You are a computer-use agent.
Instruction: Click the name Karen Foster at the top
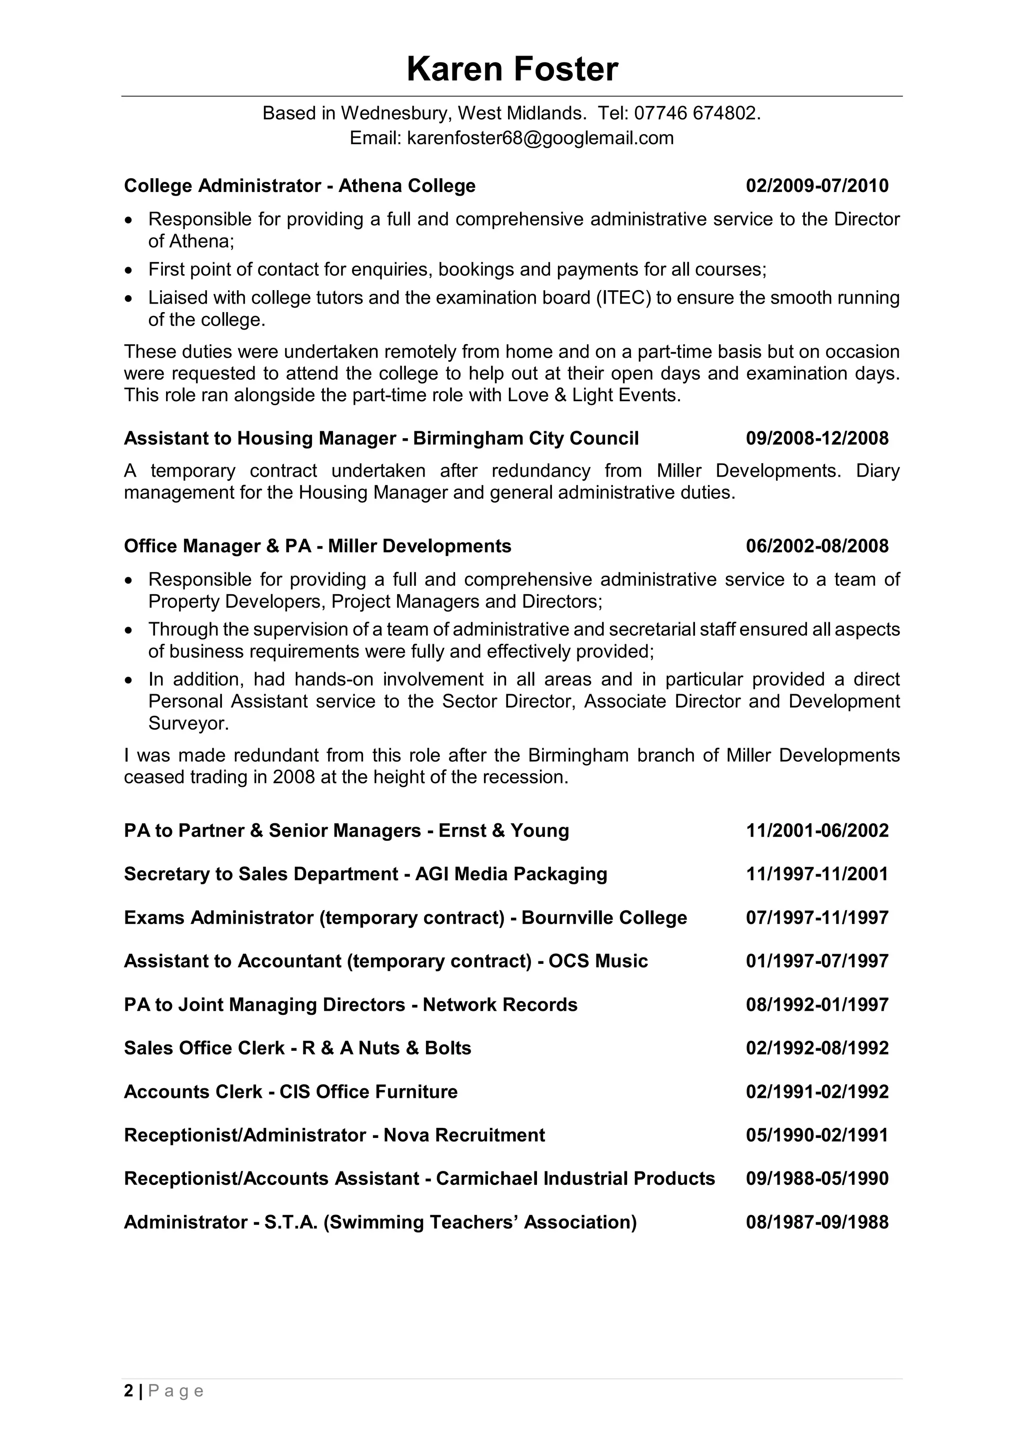(512, 70)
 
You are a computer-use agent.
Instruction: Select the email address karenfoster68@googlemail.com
(540, 138)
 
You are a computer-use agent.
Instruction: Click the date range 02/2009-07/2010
(817, 186)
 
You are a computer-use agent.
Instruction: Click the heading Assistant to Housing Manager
(260, 438)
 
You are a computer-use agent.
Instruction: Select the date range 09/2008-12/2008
(817, 438)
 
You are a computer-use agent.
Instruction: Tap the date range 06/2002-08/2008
(817, 546)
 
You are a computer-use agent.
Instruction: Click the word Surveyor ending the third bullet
(187, 723)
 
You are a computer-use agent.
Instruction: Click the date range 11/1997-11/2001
(817, 874)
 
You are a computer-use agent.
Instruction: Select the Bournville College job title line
(405, 918)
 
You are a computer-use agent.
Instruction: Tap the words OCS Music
(598, 961)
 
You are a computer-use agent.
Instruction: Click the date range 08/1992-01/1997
(817, 1005)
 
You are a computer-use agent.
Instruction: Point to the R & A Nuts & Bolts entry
(386, 1048)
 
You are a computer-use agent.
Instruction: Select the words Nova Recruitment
(464, 1135)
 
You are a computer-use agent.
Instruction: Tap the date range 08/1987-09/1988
(817, 1222)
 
